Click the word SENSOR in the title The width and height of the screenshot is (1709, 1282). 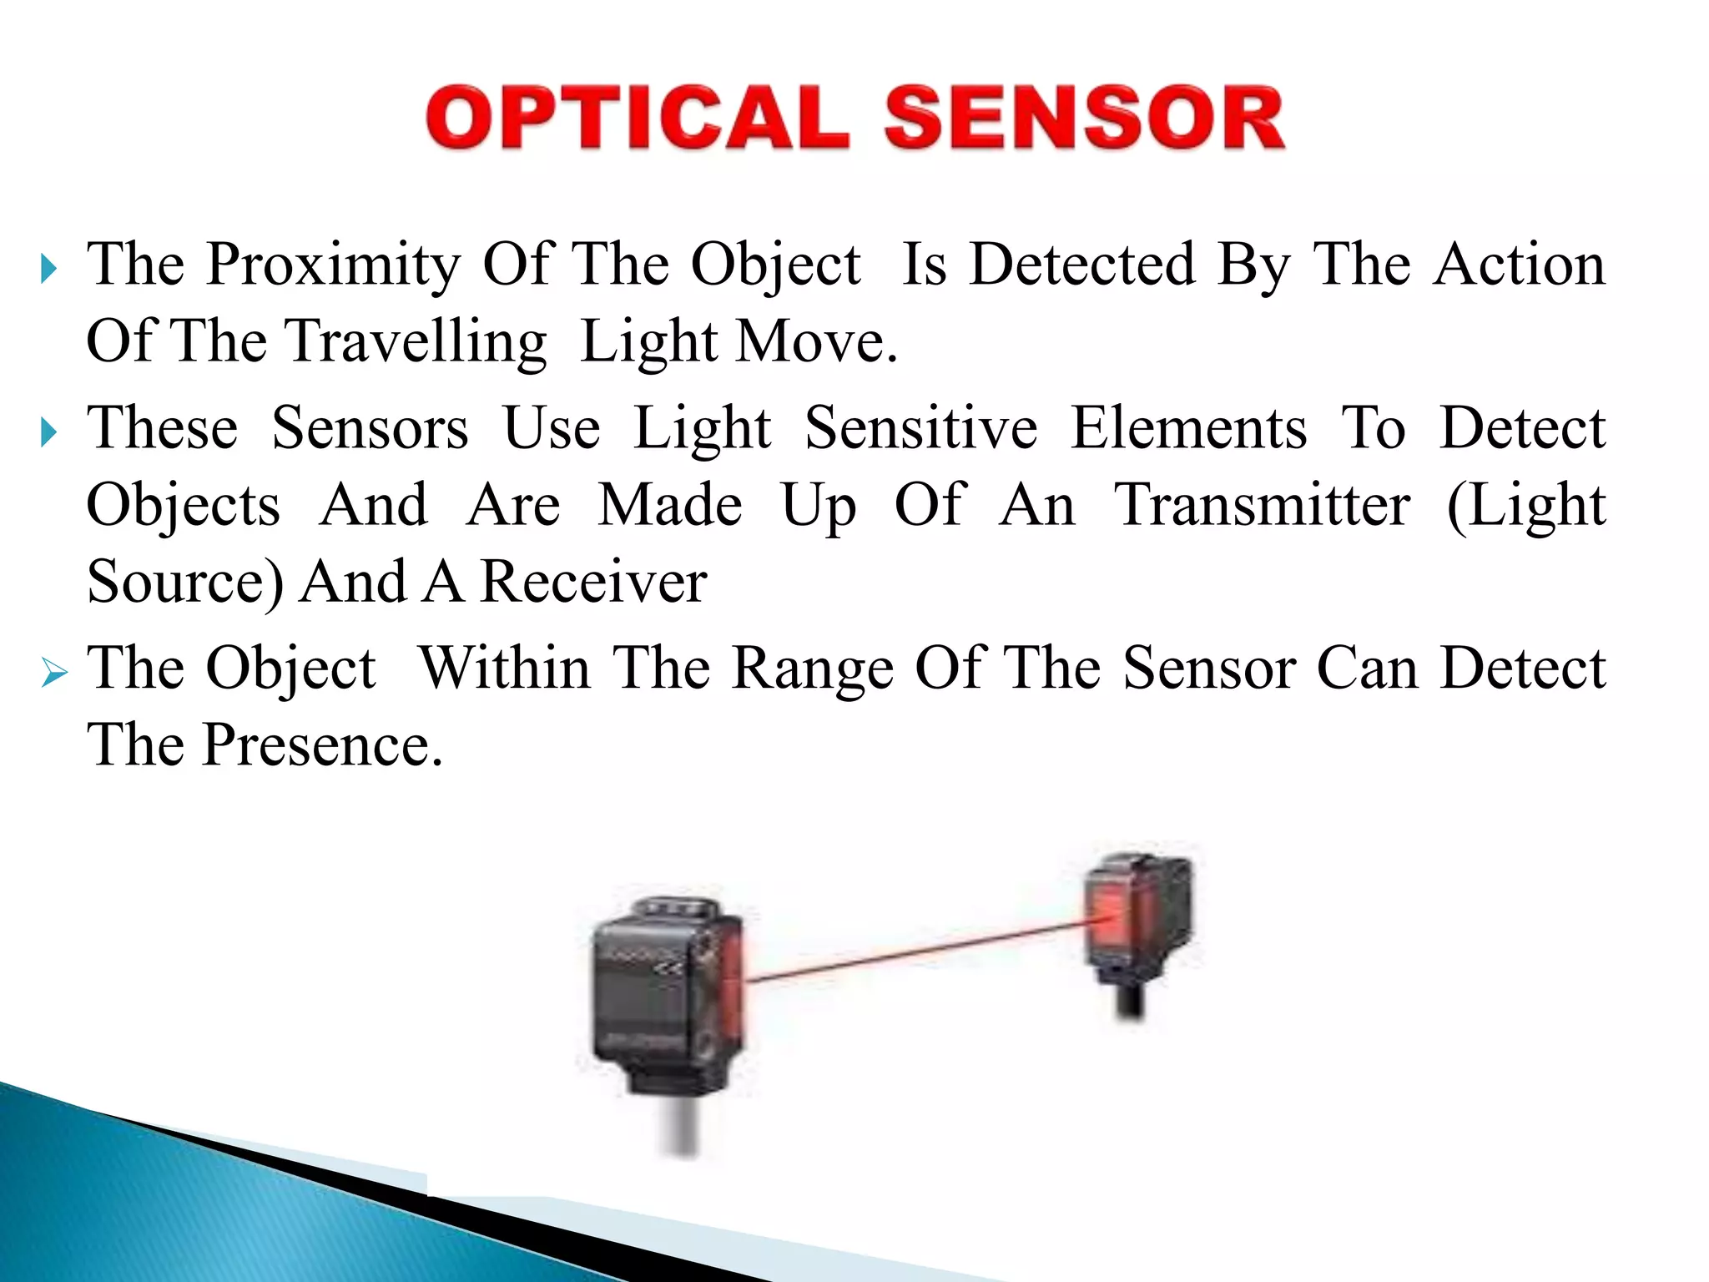pos(1084,118)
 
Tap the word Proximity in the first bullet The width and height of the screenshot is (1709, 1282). pos(333,265)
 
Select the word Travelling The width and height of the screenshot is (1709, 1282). pos(416,342)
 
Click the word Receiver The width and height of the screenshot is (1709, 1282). pos(594,582)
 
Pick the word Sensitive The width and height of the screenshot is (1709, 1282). pos(920,428)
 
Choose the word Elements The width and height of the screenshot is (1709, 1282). pos(1188,428)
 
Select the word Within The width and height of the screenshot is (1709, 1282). pos(505,669)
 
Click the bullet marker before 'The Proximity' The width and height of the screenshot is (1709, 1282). pos(49,270)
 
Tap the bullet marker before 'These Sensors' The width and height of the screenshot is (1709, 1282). pos(49,433)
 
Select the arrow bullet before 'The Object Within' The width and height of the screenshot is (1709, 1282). pos(53,672)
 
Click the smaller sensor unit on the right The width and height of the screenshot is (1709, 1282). pos(1138,918)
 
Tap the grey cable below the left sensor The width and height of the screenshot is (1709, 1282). pos(683,1127)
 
